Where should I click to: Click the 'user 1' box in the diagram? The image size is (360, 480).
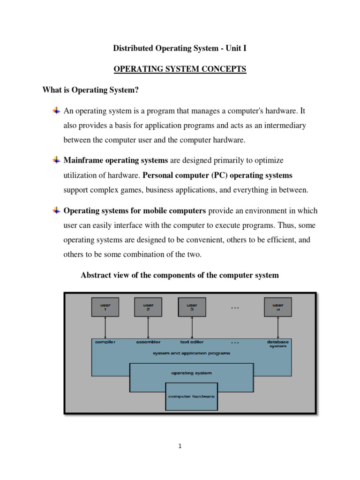coord(105,307)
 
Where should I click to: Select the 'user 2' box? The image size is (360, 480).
coord(148,307)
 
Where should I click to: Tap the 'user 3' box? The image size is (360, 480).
coord(191,307)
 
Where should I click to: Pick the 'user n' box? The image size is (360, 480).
coord(278,307)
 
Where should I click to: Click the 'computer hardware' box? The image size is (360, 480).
coord(191,396)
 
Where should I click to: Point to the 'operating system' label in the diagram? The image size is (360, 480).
coord(191,373)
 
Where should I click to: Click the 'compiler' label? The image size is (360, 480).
coord(105,342)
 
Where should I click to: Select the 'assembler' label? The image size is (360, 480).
coord(148,342)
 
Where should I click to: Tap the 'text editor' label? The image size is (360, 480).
coord(192,342)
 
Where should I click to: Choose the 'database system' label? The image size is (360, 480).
coord(278,344)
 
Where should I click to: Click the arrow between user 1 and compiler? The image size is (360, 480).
coord(105,327)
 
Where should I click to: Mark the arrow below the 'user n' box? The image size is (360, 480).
coord(278,327)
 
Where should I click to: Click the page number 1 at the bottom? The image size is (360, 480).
coord(180,446)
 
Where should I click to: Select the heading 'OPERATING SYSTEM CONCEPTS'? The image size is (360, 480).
coord(180,69)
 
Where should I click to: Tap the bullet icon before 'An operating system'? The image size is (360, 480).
coord(56,111)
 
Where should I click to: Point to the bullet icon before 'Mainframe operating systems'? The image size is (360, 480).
coord(56,160)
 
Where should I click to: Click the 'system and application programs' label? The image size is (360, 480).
coord(191,353)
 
